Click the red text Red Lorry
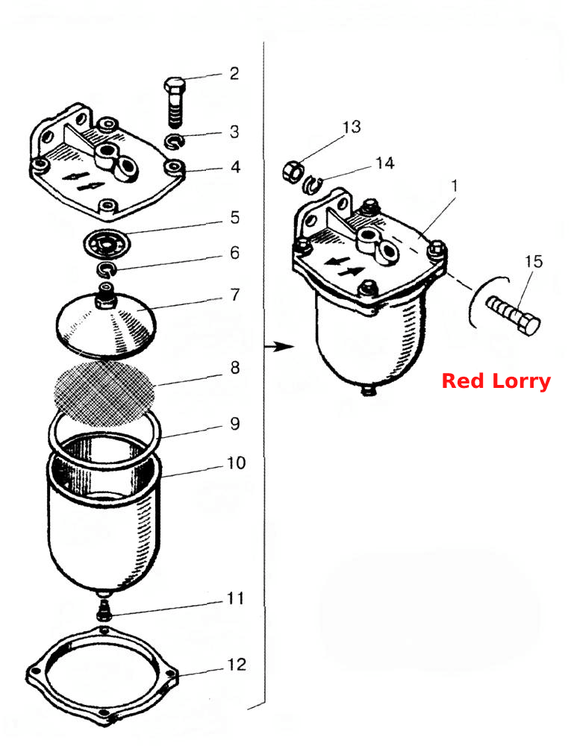coord(496,381)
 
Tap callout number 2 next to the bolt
coord(234,74)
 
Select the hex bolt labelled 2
coord(175,101)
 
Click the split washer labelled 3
coord(175,141)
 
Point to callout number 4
coord(236,167)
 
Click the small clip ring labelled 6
coord(107,270)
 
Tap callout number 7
coord(235,295)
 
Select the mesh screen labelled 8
coord(106,393)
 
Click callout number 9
coord(235,424)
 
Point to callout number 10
coord(237,463)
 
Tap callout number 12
coord(237,664)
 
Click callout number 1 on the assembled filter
coord(455,186)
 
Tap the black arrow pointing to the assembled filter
coord(280,347)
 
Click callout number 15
coord(534,261)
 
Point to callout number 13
coord(352,127)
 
